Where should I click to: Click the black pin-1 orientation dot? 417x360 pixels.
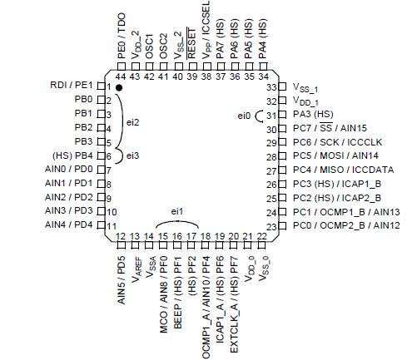pos(120,87)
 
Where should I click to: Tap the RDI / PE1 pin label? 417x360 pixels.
pos(72,86)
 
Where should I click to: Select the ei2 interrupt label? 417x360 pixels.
pos(133,121)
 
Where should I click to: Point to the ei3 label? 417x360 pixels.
pos(133,155)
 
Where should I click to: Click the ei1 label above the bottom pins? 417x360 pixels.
pos(177,213)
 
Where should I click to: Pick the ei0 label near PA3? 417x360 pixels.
pos(244,115)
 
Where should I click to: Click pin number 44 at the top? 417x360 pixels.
pos(121,76)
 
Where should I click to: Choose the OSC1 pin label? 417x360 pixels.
pos(149,46)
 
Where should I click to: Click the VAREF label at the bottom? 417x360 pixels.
pos(136,269)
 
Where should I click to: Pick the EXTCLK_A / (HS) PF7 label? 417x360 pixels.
pos(235,296)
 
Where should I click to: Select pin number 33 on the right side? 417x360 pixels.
pos(270,87)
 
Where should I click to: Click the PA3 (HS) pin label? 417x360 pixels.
pos(313,115)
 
